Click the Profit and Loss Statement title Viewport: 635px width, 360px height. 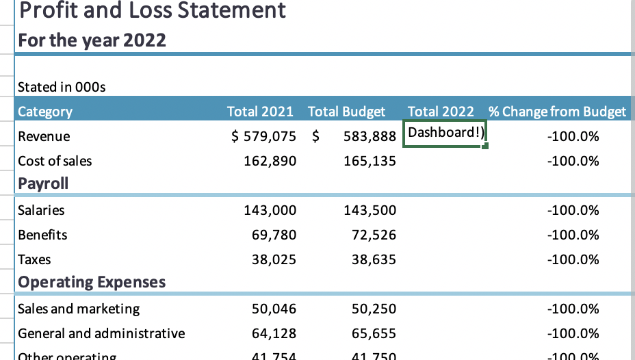click(152, 11)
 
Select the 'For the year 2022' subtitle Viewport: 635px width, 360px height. click(92, 40)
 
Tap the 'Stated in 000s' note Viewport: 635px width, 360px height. click(62, 87)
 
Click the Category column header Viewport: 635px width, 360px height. click(45, 112)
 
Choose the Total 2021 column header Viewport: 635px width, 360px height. click(260, 112)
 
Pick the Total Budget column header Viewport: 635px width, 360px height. click(346, 112)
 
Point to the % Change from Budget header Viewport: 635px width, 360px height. click(557, 112)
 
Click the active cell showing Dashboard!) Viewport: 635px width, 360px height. click(445, 133)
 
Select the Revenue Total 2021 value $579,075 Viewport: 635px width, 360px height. click(264, 136)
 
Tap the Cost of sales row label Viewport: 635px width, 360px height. click(55, 161)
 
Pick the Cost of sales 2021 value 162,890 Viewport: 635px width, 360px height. click(270, 161)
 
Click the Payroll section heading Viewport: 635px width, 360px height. click(43, 183)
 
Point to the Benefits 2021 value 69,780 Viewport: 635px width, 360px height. click(274, 235)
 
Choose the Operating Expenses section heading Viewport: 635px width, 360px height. click(92, 282)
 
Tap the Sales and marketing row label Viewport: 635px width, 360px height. click(79, 309)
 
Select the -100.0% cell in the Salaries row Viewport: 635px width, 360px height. click(573, 210)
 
